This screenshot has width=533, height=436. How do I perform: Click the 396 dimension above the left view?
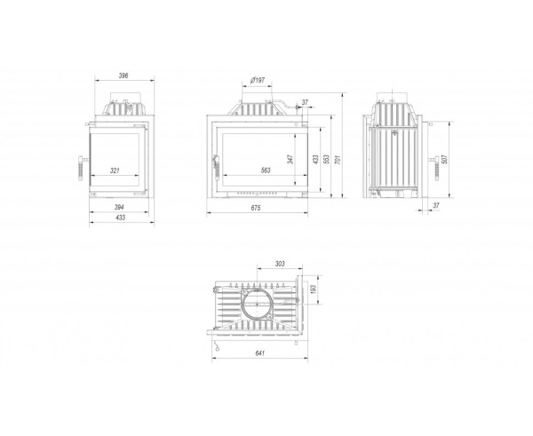(x=123, y=75)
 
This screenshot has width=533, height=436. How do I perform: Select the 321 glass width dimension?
(x=115, y=170)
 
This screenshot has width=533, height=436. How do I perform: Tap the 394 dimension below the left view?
(x=119, y=207)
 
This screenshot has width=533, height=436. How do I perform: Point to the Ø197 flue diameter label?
(x=257, y=81)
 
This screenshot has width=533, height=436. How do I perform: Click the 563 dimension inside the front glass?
(x=266, y=170)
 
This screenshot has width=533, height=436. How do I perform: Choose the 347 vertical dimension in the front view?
(x=290, y=159)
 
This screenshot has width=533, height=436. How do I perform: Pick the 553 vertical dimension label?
(x=326, y=159)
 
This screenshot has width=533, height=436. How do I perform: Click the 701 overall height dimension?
(x=338, y=159)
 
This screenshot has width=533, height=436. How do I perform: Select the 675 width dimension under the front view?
(x=256, y=208)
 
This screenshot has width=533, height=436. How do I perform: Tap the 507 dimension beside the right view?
(x=445, y=159)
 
